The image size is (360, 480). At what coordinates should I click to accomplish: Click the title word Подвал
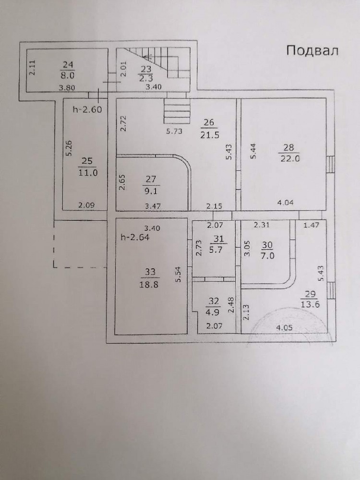tap(312, 51)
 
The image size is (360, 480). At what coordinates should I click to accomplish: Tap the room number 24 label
tap(68, 65)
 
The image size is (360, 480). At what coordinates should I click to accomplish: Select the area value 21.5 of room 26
tap(210, 135)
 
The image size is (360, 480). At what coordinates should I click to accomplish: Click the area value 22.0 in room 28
tap(290, 158)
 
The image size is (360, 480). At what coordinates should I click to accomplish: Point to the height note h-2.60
tap(87, 109)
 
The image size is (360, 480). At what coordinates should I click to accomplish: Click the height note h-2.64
tap(135, 237)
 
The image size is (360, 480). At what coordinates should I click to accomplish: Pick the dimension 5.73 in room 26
tap(174, 132)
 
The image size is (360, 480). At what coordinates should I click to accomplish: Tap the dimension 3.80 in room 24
tap(67, 88)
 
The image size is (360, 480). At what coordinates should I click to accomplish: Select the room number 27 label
tap(151, 179)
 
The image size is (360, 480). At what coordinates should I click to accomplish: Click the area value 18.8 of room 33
tap(149, 284)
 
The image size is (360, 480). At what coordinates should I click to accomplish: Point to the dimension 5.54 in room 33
tap(179, 275)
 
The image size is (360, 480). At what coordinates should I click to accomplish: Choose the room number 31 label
tap(218, 239)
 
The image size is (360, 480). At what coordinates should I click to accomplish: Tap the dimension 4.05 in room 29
tap(284, 327)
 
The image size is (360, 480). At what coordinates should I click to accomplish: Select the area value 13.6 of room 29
tap(310, 305)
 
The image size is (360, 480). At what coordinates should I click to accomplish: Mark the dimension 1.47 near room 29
tap(311, 225)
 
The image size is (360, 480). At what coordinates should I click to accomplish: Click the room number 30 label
tap(267, 245)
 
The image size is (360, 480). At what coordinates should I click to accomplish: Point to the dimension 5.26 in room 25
tap(69, 148)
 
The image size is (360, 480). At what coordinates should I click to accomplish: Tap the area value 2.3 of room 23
tap(146, 78)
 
